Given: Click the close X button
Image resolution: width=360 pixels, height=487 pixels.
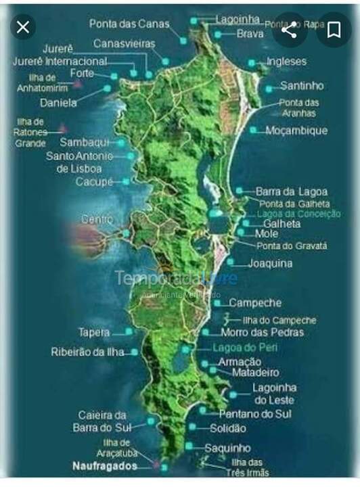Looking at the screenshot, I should coord(24,28).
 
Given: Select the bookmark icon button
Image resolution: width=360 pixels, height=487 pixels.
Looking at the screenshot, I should coord(334,30).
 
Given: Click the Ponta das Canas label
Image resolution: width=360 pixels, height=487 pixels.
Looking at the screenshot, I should coord(129,24).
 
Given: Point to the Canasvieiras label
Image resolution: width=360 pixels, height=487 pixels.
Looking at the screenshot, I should coord(125,44).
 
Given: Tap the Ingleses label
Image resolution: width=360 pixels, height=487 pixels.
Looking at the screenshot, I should coord(286,62).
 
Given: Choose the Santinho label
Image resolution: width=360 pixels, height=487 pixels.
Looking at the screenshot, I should coord(302,87).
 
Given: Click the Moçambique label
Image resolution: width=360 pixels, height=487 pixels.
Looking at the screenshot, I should coord(296,130).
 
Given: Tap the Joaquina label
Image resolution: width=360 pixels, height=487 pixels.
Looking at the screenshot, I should coord(270,262).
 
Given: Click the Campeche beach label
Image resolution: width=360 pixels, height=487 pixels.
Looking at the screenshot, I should coord(254,303).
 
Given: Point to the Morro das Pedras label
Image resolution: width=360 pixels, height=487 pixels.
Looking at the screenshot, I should coord(262,333).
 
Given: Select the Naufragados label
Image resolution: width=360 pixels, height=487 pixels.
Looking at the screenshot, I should coord(105,466).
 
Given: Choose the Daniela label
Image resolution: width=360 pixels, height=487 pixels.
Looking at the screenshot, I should coord(58,103).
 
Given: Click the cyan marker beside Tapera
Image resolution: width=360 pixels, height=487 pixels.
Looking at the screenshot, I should coord(127,332).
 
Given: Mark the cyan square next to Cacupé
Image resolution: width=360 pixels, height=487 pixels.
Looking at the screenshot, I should coord(126,181).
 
